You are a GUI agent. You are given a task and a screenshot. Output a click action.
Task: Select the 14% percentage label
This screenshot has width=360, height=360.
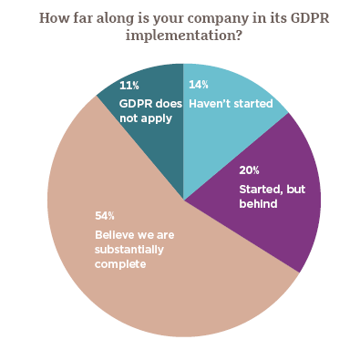click(x=196, y=85)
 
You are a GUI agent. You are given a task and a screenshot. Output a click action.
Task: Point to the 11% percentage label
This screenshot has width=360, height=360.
click(x=129, y=85)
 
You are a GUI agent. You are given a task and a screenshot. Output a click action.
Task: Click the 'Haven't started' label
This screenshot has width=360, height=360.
click(x=231, y=103)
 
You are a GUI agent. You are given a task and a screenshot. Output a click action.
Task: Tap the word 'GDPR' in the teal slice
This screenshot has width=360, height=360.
click(x=136, y=103)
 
